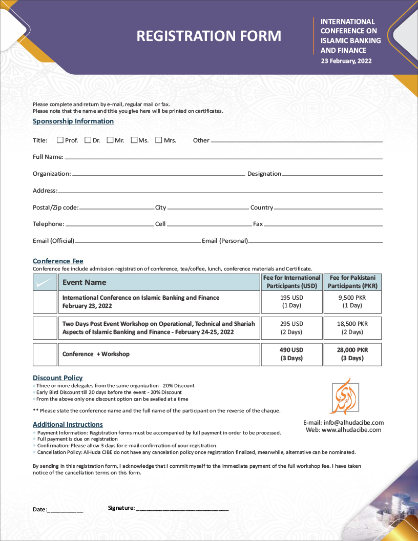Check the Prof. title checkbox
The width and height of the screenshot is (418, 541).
60,140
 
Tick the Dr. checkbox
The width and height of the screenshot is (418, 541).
88,140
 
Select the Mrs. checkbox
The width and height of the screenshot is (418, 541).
159,140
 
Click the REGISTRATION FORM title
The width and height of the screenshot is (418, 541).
208,36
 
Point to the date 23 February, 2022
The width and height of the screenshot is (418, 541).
346,60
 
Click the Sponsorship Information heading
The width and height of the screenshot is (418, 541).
73,121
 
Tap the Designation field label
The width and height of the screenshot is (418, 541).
264,174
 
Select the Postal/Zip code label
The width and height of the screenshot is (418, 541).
55,207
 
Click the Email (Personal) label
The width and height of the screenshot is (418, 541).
225,241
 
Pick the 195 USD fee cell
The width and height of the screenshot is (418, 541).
292,301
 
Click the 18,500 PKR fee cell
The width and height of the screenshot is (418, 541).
352,328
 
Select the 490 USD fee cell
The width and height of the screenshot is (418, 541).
292,354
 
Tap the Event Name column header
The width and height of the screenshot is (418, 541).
85,282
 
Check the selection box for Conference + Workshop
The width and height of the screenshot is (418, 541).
45,355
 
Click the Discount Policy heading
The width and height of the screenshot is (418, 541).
58,378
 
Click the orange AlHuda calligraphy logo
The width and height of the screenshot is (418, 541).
344,397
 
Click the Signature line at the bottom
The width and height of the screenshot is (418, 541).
182,509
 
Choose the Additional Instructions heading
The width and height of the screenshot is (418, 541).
68,425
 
